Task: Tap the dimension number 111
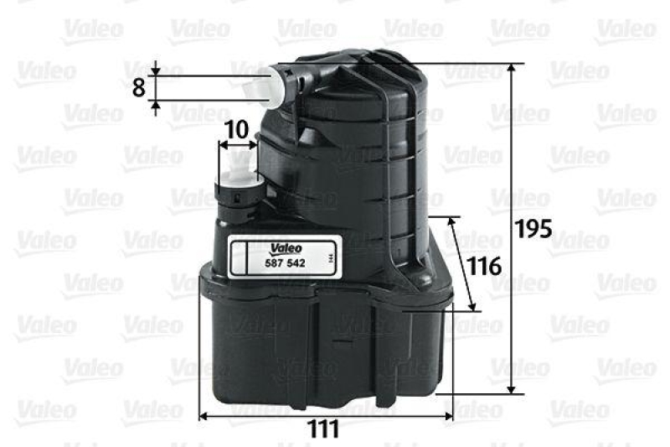[322, 429]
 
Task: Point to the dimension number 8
[139, 87]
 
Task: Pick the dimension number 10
[237, 129]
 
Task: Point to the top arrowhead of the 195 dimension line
[510, 68]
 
